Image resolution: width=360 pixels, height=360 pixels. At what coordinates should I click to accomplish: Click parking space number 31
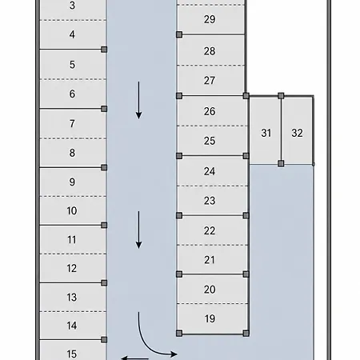(x=266, y=130)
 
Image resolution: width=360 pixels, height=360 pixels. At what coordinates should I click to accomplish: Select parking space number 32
(x=297, y=130)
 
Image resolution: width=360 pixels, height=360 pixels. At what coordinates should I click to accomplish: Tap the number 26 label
(x=210, y=111)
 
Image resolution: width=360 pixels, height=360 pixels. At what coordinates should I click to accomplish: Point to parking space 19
(x=213, y=318)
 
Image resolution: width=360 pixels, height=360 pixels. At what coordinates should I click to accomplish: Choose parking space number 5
(x=73, y=64)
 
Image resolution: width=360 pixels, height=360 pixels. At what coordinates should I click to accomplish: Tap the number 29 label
(x=210, y=19)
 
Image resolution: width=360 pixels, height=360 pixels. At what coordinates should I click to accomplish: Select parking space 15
(x=73, y=350)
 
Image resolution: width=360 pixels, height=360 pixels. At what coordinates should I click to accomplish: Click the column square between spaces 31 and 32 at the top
(x=281, y=96)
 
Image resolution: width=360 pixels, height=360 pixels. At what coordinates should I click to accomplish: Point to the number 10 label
(x=72, y=210)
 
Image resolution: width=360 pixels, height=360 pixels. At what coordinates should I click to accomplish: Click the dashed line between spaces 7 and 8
(x=73, y=138)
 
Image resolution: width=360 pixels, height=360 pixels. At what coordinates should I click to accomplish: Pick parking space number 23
(x=213, y=201)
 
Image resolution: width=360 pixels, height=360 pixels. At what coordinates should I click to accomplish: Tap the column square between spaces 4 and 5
(x=104, y=50)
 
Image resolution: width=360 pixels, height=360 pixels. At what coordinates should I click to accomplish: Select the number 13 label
(x=72, y=297)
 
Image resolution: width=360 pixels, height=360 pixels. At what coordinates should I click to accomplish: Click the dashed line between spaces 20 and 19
(x=213, y=303)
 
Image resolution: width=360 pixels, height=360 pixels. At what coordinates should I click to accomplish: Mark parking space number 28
(x=210, y=50)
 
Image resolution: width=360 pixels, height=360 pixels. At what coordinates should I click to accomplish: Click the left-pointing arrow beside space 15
(x=134, y=358)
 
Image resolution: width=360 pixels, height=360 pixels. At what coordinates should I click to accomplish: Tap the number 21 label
(x=210, y=260)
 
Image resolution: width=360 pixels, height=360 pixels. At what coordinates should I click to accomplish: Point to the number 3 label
(x=72, y=6)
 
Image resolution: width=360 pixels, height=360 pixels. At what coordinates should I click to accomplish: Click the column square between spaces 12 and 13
(x=104, y=282)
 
